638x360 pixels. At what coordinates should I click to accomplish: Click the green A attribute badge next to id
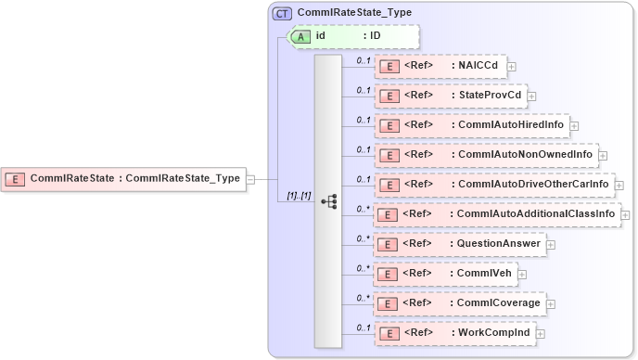pyautogui.click(x=301, y=36)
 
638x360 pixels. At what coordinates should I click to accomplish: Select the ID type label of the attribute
pyautogui.click(x=376, y=36)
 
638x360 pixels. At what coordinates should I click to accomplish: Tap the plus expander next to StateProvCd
pyautogui.click(x=531, y=96)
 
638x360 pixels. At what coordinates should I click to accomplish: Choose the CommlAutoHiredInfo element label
pyautogui.click(x=511, y=125)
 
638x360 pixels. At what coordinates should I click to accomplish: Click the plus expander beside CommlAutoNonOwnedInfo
pyautogui.click(x=603, y=155)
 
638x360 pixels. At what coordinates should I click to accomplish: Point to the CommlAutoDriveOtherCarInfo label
pyautogui.click(x=533, y=185)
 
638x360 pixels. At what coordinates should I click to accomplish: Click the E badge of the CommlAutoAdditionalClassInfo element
pyautogui.click(x=390, y=214)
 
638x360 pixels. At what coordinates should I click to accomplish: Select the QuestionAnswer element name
pyautogui.click(x=499, y=244)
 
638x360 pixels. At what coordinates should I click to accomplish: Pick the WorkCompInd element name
pyautogui.click(x=494, y=333)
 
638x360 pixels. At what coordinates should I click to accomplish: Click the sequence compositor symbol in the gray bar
pyautogui.click(x=328, y=199)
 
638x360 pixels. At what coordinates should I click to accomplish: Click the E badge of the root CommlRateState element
pyautogui.click(x=16, y=179)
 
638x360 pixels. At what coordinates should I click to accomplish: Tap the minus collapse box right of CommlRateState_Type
pyautogui.click(x=249, y=179)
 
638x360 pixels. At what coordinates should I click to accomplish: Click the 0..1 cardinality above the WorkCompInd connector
pyautogui.click(x=364, y=327)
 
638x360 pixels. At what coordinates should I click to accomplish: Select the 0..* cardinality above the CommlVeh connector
pyautogui.click(x=364, y=267)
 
